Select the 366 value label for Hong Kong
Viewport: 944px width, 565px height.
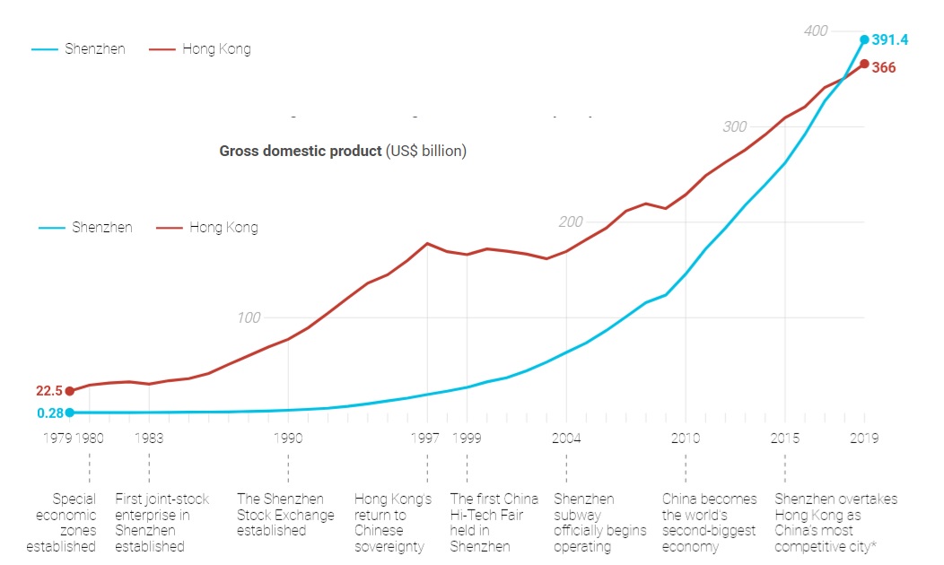click(x=884, y=67)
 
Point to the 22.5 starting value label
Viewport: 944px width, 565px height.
click(x=48, y=391)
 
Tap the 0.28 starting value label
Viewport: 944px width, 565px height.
click(x=50, y=413)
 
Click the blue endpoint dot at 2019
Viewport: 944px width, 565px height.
click(x=864, y=39)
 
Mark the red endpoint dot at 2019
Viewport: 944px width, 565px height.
click(x=864, y=64)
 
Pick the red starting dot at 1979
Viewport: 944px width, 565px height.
click(x=70, y=391)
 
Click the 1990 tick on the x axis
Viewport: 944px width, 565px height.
click(x=288, y=439)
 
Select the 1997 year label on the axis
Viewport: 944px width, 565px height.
click(x=426, y=439)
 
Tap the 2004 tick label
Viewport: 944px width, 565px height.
click(x=566, y=439)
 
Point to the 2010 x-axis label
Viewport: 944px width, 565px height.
click(x=686, y=439)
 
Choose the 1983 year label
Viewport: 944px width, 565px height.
click(x=149, y=439)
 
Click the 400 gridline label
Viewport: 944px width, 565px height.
click(x=816, y=31)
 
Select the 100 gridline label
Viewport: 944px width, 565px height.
click(x=249, y=317)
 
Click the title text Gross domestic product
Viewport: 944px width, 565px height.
click(x=300, y=151)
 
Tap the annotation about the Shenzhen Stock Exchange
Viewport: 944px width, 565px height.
click(x=285, y=515)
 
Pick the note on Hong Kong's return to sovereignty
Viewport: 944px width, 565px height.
click(x=393, y=522)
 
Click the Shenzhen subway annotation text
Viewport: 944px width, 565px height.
click(x=599, y=522)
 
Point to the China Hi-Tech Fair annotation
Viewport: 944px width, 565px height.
click(x=494, y=522)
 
